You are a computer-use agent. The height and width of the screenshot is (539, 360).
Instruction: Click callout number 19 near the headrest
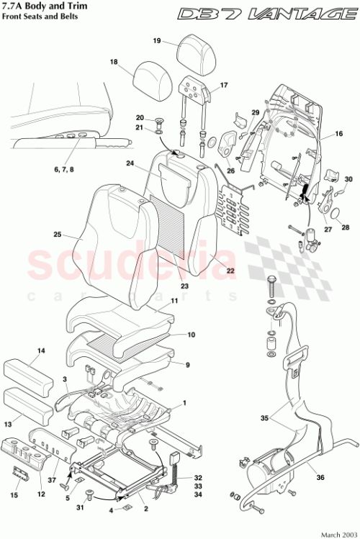point(156,41)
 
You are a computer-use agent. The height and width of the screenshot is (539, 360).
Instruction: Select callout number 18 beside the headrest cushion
point(113,63)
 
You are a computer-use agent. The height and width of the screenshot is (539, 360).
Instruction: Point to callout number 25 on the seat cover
point(58,234)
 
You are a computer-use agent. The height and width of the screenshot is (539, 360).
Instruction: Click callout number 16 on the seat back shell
point(339,135)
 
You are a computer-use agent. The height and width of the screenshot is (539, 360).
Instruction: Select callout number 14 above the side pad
point(41,351)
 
